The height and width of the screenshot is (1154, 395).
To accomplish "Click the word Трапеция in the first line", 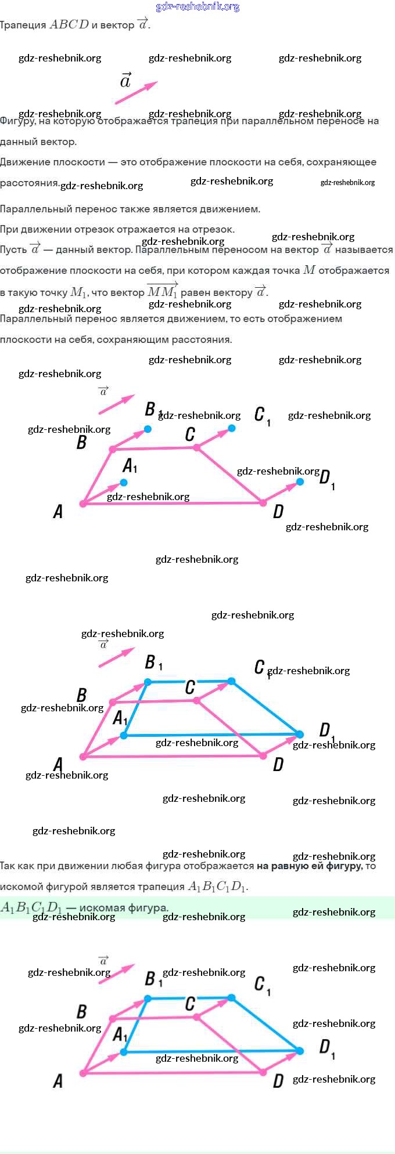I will click(23, 25).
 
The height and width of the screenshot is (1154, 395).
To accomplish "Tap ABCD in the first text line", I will click(69, 24).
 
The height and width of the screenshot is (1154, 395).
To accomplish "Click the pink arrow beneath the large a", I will click(136, 93).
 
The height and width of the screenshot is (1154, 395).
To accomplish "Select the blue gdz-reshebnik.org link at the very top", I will click(198, 6).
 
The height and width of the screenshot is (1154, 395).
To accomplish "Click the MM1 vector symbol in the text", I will click(162, 291).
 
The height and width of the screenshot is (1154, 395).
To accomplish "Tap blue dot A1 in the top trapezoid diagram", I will click(124, 482).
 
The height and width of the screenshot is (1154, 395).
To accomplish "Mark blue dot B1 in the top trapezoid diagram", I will click(148, 429).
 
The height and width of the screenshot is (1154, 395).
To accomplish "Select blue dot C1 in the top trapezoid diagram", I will click(232, 428).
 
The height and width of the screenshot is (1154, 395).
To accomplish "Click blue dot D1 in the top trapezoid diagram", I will click(300, 482).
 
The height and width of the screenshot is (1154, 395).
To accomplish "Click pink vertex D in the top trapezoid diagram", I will click(263, 502).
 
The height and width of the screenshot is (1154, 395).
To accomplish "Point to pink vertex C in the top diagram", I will click(196, 447).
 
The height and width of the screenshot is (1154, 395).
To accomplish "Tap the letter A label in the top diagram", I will click(58, 511).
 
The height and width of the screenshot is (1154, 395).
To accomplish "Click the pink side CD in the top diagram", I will click(229, 475).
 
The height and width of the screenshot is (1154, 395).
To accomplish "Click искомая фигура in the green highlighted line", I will click(123, 908).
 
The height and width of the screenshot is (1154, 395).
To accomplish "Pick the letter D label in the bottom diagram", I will click(278, 1081).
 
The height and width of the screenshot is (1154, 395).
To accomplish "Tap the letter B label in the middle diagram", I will click(82, 695).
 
